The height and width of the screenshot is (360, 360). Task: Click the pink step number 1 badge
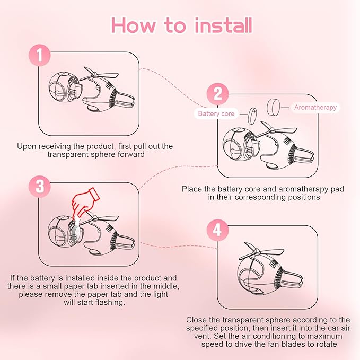[40, 55]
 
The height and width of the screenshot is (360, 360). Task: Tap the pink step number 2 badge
[218, 94]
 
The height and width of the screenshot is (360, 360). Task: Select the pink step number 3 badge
[40, 186]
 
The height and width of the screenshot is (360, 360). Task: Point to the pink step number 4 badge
[218, 230]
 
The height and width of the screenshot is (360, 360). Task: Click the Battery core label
[216, 113]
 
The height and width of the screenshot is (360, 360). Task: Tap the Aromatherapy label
[315, 108]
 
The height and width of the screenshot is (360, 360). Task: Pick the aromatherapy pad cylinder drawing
[274, 107]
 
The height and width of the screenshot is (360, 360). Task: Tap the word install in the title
[223, 25]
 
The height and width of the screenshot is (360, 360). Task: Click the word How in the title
[133, 25]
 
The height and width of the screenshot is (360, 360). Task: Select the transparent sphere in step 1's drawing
[62, 87]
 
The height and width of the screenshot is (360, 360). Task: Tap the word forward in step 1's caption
[131, 154]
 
